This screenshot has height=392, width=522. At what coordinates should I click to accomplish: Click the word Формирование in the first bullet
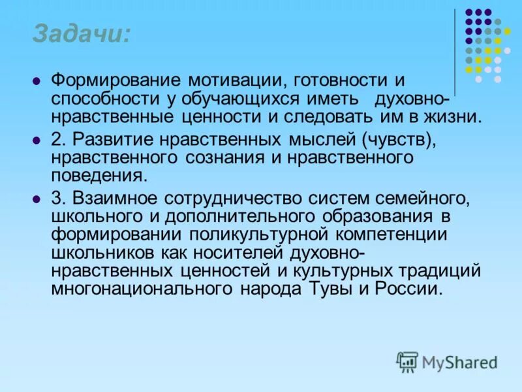pos(117,82)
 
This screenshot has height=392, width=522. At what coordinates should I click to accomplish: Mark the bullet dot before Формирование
pos(37,82)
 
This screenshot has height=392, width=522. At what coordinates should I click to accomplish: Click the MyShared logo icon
pos(407,361)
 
